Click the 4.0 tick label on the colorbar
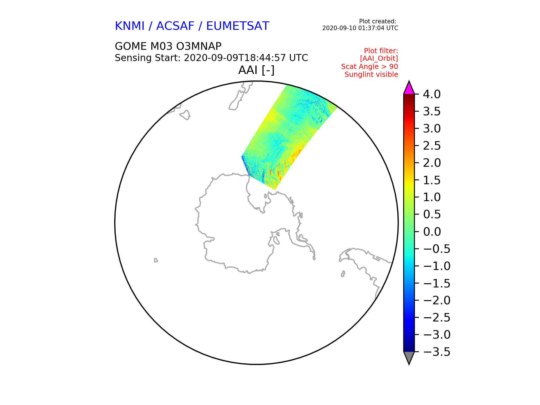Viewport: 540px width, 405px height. pyautogui.click(x=432, y=94)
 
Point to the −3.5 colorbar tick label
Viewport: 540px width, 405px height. pyautogui.click(x=437, y=352)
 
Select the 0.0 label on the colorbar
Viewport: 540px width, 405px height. pyautogui.click(x=432, y=232)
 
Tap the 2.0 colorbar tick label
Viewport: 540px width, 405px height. pyautogui.click(x=432, y=163)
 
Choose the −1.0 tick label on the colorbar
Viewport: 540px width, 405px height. pyautogui.click(x=437, y=266)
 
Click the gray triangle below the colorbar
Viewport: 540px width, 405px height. pyautogui.click(x=409, y=357)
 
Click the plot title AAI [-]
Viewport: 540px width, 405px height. pyautogui.click(x=256, y=70)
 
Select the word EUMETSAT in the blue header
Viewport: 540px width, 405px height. pyautogui.click(x=238, y=26)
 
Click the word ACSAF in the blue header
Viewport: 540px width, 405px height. pyautogui.click(x=175, y=26)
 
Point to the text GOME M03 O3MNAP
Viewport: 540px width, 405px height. pyautogui.click(x=168, y=46)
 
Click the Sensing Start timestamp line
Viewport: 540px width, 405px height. pyautogui.click(x=211, y=58)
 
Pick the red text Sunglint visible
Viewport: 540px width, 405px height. pyautogui.click(x=371, y=75)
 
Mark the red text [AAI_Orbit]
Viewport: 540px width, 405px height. pyautogui.click(x=379, y=58)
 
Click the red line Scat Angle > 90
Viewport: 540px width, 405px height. pyautogui.click(x=370, y=67)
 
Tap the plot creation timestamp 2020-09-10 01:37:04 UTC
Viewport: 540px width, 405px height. pyautogui.click(x=360, y=28)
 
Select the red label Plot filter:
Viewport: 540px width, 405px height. pyautogui.click(x=381, y=51)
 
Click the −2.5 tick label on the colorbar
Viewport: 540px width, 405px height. pyautogui.click(x=437, y=318)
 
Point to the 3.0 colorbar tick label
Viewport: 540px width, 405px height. pyautogui.click(x=432, y=129)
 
